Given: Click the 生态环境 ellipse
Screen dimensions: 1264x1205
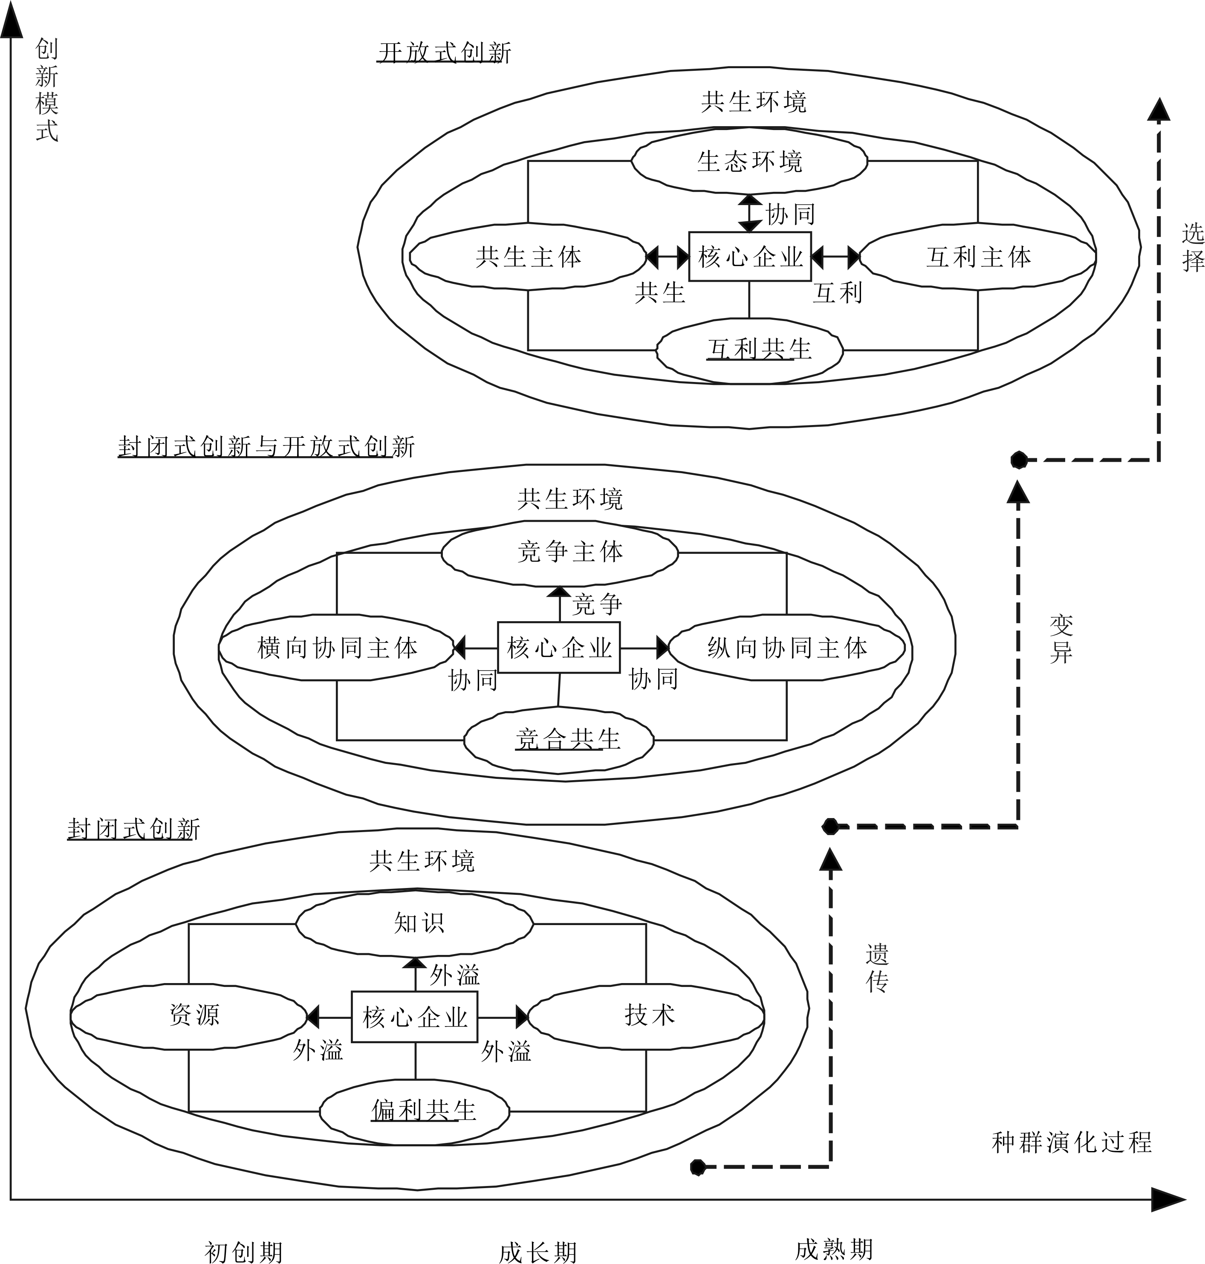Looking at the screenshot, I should [x=749, y=161].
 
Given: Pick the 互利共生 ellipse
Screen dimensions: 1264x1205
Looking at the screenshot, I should [x=749, y=350].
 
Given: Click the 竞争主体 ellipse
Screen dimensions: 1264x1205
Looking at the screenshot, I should [x=560, y=552].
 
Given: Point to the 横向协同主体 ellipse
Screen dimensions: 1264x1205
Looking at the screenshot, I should [x=337, y=648].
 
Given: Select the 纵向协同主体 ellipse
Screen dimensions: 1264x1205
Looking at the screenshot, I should [x=787, y=648].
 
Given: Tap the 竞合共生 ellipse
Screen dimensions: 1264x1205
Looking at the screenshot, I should [x=559, y=740].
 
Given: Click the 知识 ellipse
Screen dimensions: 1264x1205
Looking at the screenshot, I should [x=415, y=923].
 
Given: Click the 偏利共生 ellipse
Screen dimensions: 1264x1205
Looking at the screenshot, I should [x=415, y=1110].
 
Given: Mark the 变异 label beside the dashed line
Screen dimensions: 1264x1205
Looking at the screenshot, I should [x=1061, y=639].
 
